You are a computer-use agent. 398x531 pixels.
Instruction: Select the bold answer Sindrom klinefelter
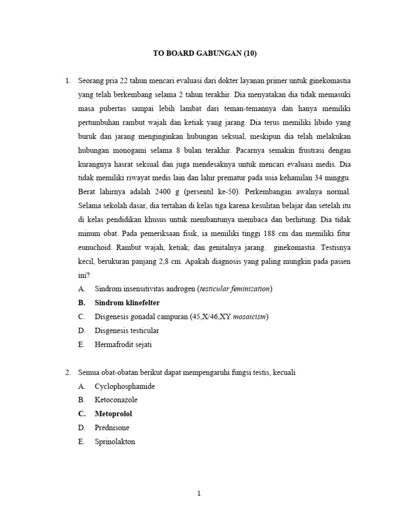pyautogui.click(x=127, y=302)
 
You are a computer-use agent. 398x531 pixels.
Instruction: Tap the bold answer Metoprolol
pyautogui.click(x=113, y=414)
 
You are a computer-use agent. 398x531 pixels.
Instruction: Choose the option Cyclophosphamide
pyautogui.click(x=124, y=386)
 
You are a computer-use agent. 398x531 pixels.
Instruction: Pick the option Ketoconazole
pyautogui.click(x=116, y=400)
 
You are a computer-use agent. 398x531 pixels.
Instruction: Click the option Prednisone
pyautogui.click(x=112, y=428)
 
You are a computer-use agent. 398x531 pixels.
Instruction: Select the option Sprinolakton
pyautogui.click(x=115, y=442)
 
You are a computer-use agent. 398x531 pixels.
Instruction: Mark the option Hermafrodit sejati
pyautogui.click(x=123, y=344)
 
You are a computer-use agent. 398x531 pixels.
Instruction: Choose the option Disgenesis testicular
pyautogui.click(x=127, y=330)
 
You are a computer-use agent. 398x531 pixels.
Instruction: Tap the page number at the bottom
pyautogui.click(x=198, y=494)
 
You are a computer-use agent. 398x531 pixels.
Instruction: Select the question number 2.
pyautogui.click(x=67, y=372)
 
